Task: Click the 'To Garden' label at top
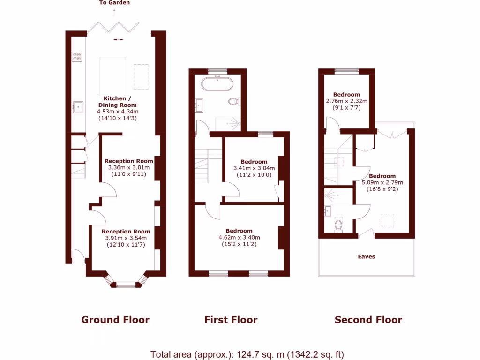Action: pyautogui.click(x=115, y=3)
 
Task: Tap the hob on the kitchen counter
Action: pyautogui.click(x=77, y=57)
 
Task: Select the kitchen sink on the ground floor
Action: pyautogui.click(x=78, y=107)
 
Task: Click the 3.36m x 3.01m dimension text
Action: pyautogui.click(x=128, y=168)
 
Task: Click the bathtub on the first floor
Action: pyautogui.click(x=217, y=84)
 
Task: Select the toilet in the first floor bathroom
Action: pyautogui.click(x=234, y=101)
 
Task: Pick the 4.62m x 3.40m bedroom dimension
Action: pyautogui.click(x=239, y=238)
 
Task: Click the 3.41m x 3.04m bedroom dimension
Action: pyautogui.click(x=254, y=168)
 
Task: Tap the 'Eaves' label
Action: pyautogui.click(x=367, y=257)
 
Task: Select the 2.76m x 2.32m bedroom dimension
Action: pyautogui.click(x=347, y=101)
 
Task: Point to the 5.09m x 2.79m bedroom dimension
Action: pyautogui.click(x=382, y=183)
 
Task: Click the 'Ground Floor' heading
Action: pyautogui.click(x=115, y=320)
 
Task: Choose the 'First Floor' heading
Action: pyautogui.click(x=231, y=320)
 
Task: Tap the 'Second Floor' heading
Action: pyautogui.click(x=368, y=320)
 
